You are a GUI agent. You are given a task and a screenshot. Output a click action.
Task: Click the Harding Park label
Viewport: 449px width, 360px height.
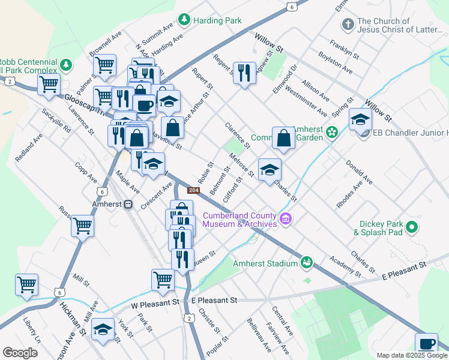pos(217,20)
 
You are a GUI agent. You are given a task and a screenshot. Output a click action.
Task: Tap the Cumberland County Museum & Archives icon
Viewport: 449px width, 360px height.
pos(286,220)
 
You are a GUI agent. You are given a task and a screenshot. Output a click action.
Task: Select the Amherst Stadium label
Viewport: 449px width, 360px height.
pos(265,263)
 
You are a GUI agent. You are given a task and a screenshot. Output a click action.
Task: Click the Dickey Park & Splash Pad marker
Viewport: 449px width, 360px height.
pos(412,227)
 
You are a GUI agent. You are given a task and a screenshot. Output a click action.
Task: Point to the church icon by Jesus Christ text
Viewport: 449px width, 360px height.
pos(347,25)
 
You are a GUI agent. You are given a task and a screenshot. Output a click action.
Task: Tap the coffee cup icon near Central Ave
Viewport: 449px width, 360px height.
pos(426,344)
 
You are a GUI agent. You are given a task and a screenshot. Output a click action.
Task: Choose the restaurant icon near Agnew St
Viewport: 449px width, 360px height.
pos(244,73)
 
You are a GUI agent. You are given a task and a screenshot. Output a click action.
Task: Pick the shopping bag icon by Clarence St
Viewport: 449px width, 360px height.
pos(283,138)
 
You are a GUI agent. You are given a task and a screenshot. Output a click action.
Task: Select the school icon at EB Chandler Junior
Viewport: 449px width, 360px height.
pos(360,119)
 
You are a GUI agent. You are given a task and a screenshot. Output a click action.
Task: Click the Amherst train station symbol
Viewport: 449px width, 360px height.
pos(127,204)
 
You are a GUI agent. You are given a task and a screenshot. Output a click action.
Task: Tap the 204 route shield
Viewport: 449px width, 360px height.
pos(193,190)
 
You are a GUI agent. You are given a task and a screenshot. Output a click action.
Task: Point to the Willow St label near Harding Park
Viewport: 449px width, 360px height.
pos(268,44)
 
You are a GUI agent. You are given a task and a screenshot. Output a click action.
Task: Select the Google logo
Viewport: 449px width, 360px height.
pos(20,353)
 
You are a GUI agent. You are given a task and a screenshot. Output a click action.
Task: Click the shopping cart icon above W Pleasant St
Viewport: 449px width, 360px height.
pos(163,280)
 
